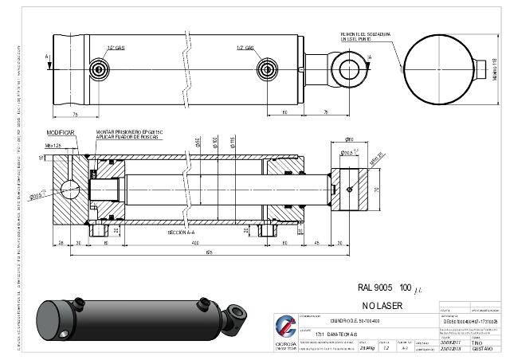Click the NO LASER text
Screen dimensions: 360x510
(384, 306)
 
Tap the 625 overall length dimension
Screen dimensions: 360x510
(209, 252)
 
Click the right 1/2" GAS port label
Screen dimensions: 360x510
(245, 47)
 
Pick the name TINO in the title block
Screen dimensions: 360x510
(477, 342)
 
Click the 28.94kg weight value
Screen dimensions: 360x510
(369, 348)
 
